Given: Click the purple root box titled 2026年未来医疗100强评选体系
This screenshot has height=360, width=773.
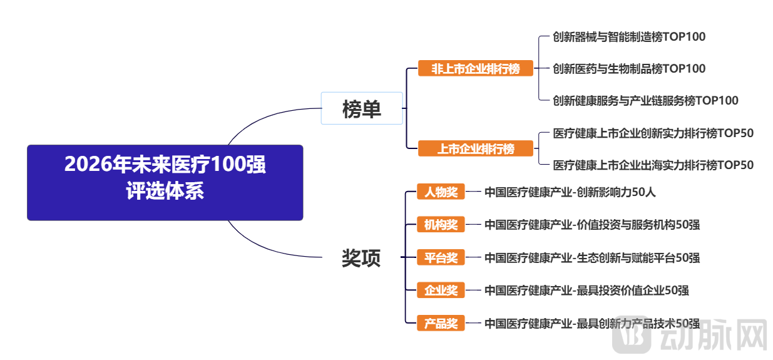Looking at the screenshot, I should [165, 182].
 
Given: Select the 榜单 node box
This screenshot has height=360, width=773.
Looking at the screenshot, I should [362, 109].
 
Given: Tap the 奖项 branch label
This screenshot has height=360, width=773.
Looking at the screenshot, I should [361, 258].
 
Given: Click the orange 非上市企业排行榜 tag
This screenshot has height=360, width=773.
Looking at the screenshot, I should [475, 68].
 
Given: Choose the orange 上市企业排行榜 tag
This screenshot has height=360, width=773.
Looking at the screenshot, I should [475, 149].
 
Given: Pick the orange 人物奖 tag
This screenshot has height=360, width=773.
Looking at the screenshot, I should [441, 192].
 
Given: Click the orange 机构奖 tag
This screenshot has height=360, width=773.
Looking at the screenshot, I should [441, 225].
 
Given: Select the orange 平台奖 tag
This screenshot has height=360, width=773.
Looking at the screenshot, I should [441, 257].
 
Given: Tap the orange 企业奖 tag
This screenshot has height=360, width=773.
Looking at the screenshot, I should [441, 291].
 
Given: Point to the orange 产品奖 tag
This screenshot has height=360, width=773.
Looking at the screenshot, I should [441, 324].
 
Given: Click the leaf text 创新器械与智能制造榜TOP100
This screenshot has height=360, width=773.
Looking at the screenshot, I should [628, 37].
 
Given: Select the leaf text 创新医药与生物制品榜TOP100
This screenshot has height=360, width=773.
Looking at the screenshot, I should [628, 69].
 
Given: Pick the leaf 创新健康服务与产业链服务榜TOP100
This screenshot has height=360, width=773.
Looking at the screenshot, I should [645, 101].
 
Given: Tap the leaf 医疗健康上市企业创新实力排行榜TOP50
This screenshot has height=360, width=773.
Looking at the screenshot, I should [653, 133].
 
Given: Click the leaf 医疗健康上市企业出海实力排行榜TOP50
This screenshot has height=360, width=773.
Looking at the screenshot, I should [653, 165].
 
